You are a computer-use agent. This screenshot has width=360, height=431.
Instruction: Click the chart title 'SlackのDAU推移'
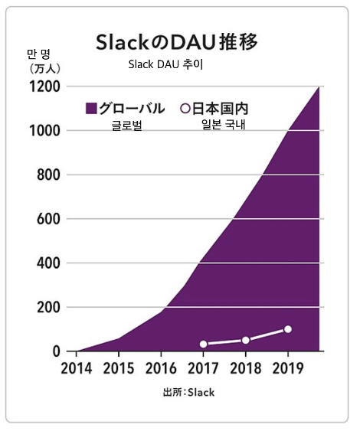[177, 42]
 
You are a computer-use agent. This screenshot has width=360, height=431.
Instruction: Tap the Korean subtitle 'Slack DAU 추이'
[165, 64]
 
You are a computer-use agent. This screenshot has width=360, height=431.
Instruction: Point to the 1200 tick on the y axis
[44, 87]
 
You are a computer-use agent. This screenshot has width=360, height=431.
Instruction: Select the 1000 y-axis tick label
[44, 131]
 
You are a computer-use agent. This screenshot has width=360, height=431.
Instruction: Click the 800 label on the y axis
[48, 175]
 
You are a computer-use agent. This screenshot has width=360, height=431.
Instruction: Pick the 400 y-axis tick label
[48, 263]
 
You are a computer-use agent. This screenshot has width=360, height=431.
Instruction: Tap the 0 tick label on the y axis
[57, 351]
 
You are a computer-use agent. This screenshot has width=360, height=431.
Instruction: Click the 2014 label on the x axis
[76, 368]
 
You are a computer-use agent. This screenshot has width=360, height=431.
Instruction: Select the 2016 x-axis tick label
[161, 368]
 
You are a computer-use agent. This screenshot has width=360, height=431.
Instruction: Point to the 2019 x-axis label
[288, 368]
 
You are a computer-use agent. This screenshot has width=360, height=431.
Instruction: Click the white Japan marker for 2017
[203, 344]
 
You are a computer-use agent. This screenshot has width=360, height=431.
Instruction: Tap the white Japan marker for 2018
[246, 341]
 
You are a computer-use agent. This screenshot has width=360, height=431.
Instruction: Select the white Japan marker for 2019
[288, 329]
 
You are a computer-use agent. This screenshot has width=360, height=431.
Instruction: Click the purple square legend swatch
[91, 108]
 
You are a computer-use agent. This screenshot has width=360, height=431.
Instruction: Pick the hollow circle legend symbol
[185, 108]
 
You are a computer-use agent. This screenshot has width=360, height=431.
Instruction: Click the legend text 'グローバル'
[132, 108]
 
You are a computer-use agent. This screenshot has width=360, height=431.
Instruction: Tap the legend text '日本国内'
[220, 108]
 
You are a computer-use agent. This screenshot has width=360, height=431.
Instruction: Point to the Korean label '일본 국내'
[224, 125]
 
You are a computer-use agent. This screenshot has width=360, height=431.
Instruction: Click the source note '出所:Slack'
[188, 392]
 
